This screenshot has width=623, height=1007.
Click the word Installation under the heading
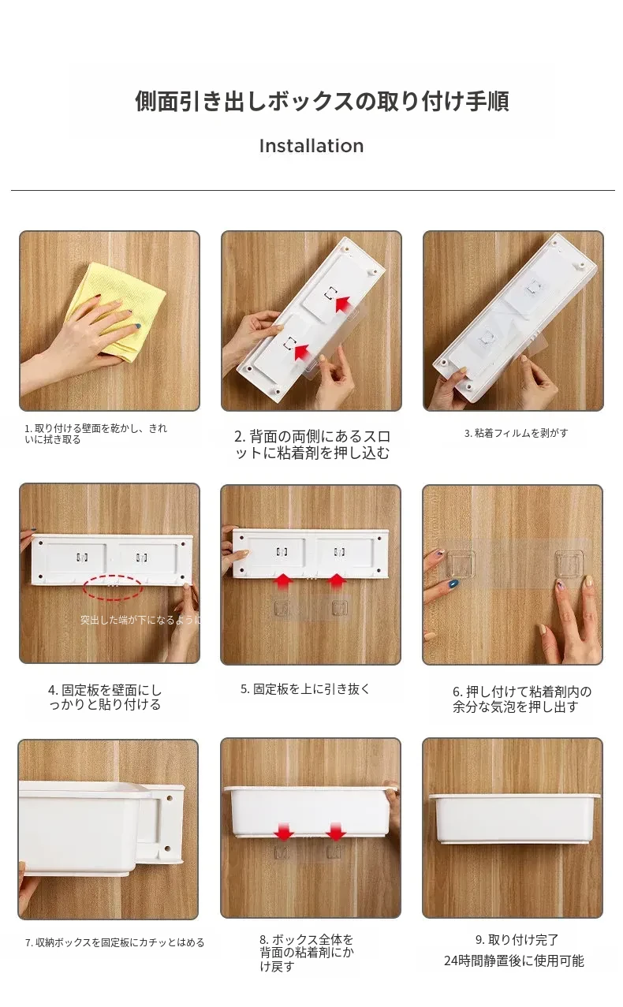[x=311, y=146]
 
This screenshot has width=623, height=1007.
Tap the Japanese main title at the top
[x=322, y=101]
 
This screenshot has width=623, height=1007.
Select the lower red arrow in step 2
[x=303, y=352]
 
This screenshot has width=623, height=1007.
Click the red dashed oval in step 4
[x=113, y=587]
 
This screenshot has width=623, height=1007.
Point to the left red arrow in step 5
[x=282, y=581]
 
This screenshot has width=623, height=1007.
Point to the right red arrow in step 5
[x=337, y=581]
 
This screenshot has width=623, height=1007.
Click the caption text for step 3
[x=516, y=433]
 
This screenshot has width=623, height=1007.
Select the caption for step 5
[x=304, y=689]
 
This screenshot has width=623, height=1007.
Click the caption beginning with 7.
[x=114, y=942]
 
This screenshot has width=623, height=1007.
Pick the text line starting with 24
[x=513, y=960]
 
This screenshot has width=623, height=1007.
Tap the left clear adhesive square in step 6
[x=461, y=564]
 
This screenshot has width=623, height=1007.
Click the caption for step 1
[x=95, y=434]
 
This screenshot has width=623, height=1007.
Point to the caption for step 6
[x=522, y=699]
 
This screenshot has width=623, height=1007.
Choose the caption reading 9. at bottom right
[x=517, y=939]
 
